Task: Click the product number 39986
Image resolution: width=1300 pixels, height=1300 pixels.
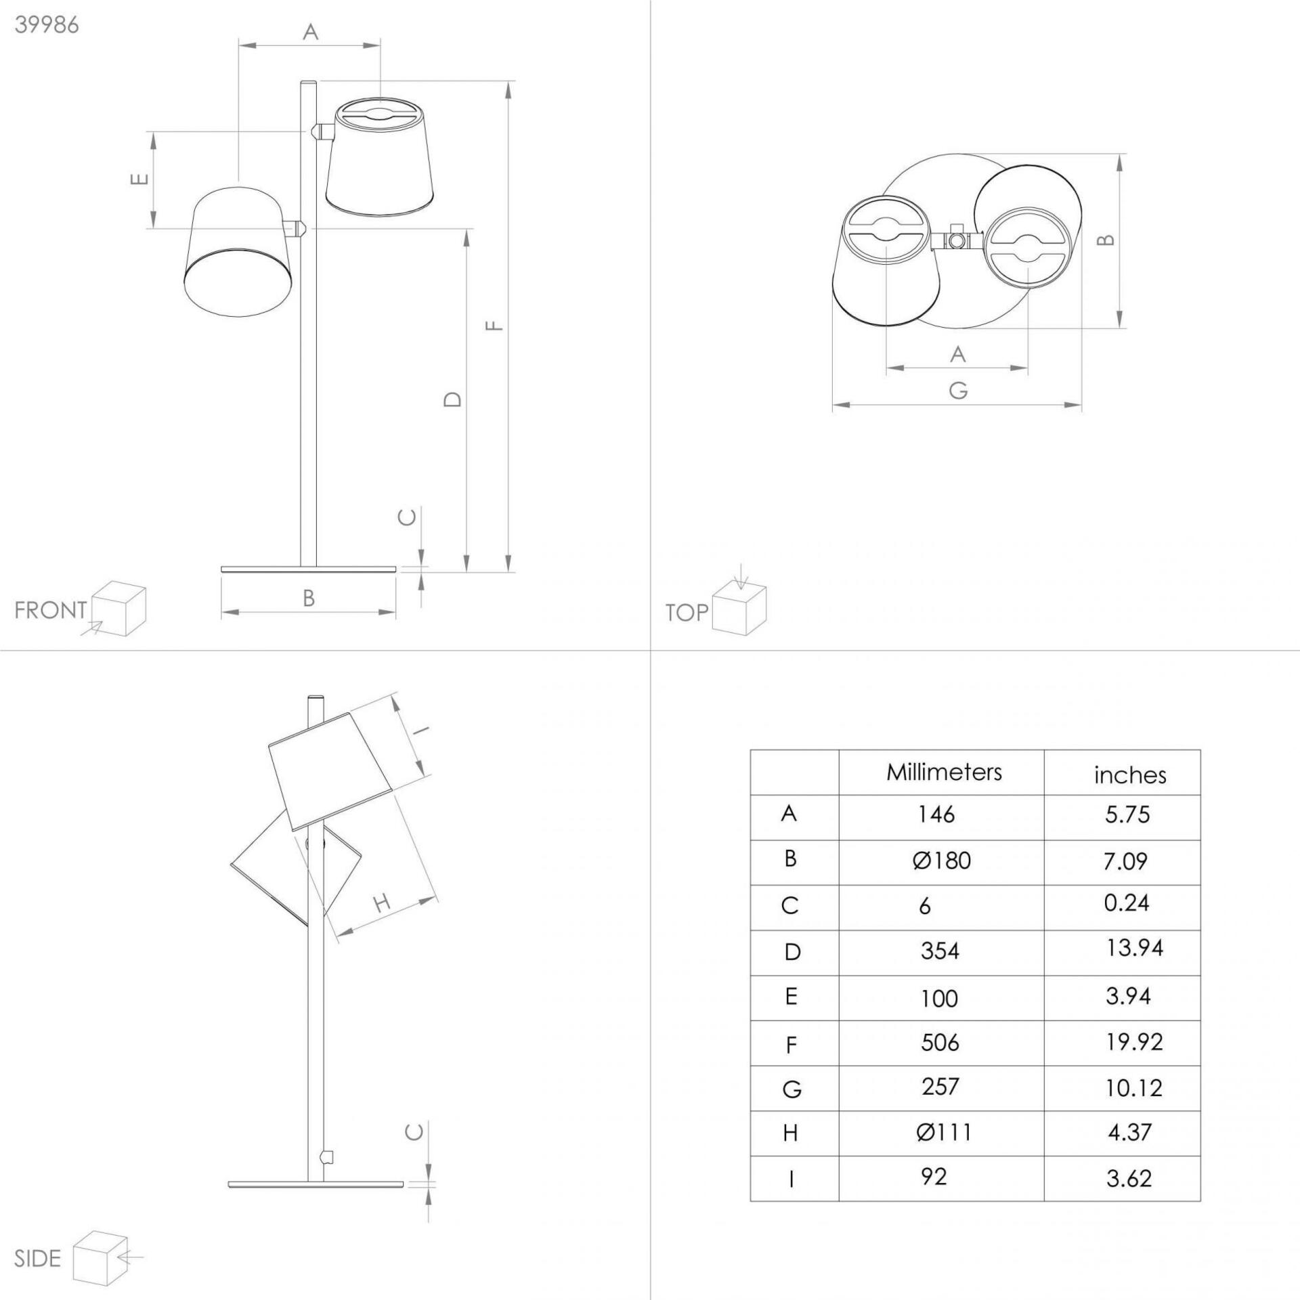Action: (47, 24)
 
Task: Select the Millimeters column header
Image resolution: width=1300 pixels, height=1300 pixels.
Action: (944, 772)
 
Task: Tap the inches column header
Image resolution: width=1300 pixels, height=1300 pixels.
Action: (1130, 775)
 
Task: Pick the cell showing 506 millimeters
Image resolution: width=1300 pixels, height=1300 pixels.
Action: (940, 1042)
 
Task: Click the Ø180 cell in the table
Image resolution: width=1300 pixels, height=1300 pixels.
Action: (941, 861)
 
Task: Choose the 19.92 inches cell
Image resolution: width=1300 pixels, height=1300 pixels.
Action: (1134, 1041)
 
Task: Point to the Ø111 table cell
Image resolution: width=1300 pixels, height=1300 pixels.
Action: (943, 1132)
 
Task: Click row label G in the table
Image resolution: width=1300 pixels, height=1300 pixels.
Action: (792, 1089)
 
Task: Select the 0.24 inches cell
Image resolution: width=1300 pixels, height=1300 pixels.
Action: (1126, 903)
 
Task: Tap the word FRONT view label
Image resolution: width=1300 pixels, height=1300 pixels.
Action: (51, 610)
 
